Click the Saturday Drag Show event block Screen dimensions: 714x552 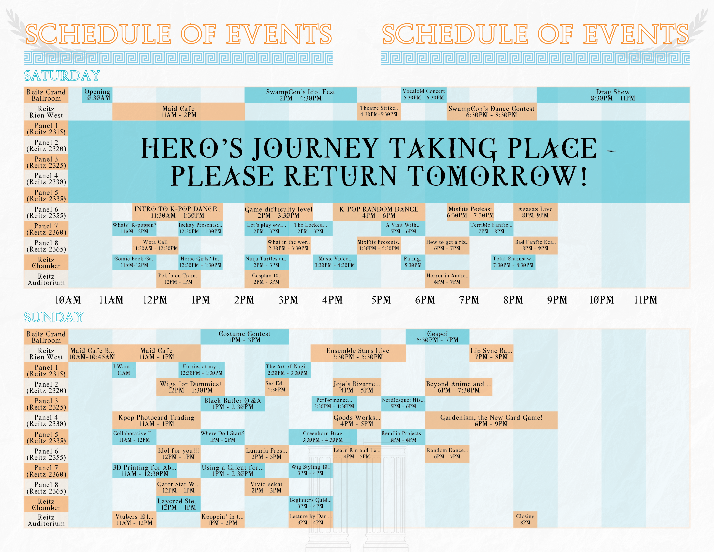click(613, 95)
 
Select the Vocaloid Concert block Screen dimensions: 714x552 click(424, 95)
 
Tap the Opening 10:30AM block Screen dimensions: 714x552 click(97, 95)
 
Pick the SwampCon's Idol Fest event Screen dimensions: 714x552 click(301, 95)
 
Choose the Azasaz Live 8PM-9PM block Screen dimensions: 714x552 click(535, 212)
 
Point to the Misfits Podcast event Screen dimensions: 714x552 click(470, 212)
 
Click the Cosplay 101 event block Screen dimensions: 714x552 click(266, 279)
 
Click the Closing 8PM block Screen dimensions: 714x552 click(525, 519)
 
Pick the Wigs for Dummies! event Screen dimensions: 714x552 click(190, 387)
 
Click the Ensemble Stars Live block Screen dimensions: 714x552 click(358, 353)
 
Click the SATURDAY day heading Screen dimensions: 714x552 click(62, 76)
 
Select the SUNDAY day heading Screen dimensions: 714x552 click(54, 317)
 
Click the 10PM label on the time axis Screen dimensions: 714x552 click(601, 300)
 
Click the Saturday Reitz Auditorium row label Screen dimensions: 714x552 click(46, 279)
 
